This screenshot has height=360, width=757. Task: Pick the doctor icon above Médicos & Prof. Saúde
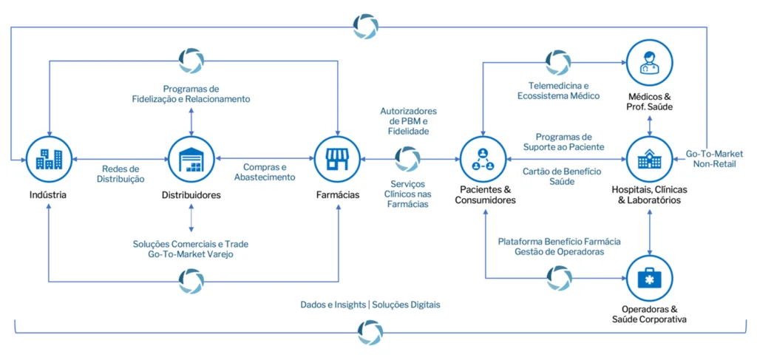tap(649, 62)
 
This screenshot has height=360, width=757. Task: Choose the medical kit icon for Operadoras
tap(649, 276)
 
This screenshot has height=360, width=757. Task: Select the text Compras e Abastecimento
tap(264, 171)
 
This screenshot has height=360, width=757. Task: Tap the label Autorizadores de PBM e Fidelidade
tap(407, 120)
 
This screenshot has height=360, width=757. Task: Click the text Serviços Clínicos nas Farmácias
tap(407, 194)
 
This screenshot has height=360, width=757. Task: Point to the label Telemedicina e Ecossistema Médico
tap(559, 89)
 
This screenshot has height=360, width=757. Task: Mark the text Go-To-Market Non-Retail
tap(714, 158)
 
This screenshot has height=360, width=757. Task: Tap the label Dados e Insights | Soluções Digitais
tap(375, 304)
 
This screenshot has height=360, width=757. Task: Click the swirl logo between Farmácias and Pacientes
tap(407, 158)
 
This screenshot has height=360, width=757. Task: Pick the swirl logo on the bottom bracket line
tap(369, 332)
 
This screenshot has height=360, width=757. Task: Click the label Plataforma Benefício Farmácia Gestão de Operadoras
tap(559, 247)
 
